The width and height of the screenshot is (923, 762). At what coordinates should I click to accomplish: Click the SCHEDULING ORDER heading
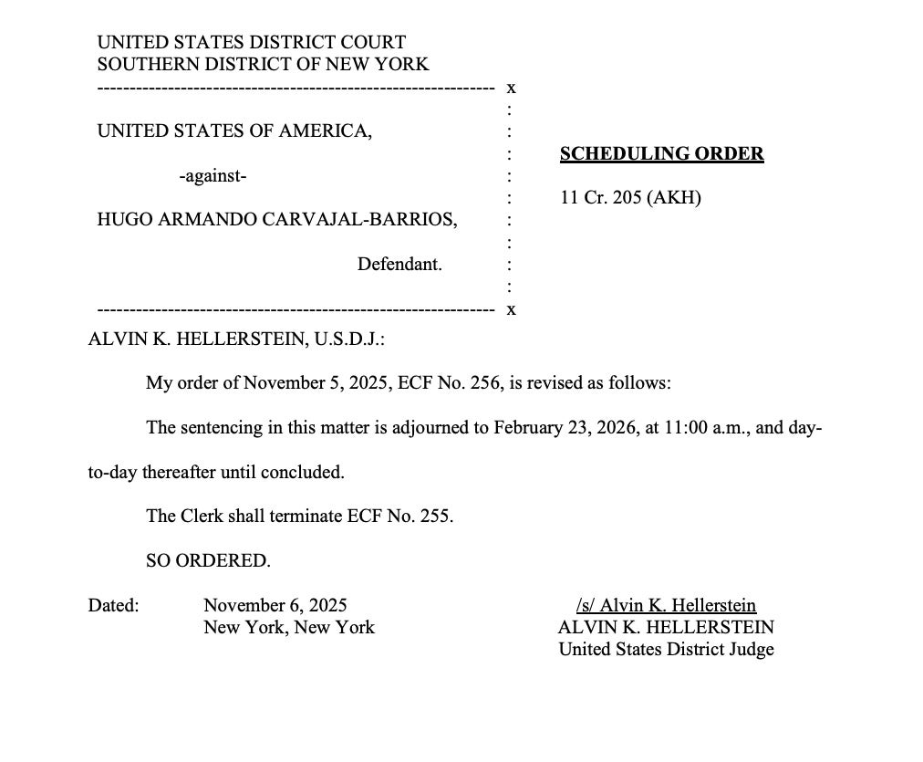coord(661,154)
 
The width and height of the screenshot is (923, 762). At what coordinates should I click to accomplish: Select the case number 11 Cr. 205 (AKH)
coord(630,198)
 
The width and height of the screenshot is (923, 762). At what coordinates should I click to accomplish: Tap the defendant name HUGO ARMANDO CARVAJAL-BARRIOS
coord(277,220)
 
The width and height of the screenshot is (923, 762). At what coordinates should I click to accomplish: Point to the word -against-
coord(213,176)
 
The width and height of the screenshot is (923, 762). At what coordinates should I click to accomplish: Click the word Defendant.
coord(399,265)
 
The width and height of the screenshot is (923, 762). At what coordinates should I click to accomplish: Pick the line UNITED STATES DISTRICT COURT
coord(251,43)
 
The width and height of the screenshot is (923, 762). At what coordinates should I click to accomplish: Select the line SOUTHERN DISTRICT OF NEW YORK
coord(263,65)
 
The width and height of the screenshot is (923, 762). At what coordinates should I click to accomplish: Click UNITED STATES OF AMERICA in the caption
coord(234,131)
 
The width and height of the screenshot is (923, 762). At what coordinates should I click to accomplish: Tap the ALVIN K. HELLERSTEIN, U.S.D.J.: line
coord(236,339)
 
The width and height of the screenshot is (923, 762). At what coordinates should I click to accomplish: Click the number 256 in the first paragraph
coord(485,383)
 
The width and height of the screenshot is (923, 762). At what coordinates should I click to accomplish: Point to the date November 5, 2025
coord(317,383)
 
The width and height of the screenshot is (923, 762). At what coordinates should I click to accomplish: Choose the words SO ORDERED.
coord(208,561)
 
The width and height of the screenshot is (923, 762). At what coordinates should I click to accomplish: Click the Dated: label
coord(113,606)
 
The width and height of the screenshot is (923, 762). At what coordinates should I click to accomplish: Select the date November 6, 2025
coord(275,606)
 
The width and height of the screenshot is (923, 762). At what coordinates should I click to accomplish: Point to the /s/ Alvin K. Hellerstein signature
coord(666,606)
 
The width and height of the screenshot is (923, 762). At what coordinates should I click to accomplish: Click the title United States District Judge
coord(666,650)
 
